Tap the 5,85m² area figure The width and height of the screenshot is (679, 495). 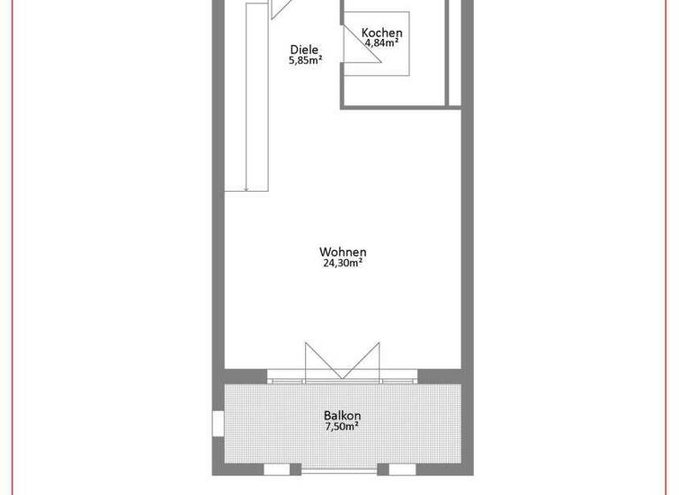pos(303,61)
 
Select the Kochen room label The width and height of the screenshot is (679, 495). pos(382,33)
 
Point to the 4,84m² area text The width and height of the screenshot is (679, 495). pos(382,42)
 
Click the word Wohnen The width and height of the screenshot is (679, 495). pos(342,252)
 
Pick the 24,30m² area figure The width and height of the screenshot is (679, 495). pos(342,263)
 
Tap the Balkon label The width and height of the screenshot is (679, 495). pos(342,415)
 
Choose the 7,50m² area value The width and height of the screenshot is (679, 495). pos(342,426)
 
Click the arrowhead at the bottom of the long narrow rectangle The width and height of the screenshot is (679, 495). pos(247,187)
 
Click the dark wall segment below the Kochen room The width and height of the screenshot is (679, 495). pos(402,106)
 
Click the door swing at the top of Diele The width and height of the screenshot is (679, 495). pos(281,9)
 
